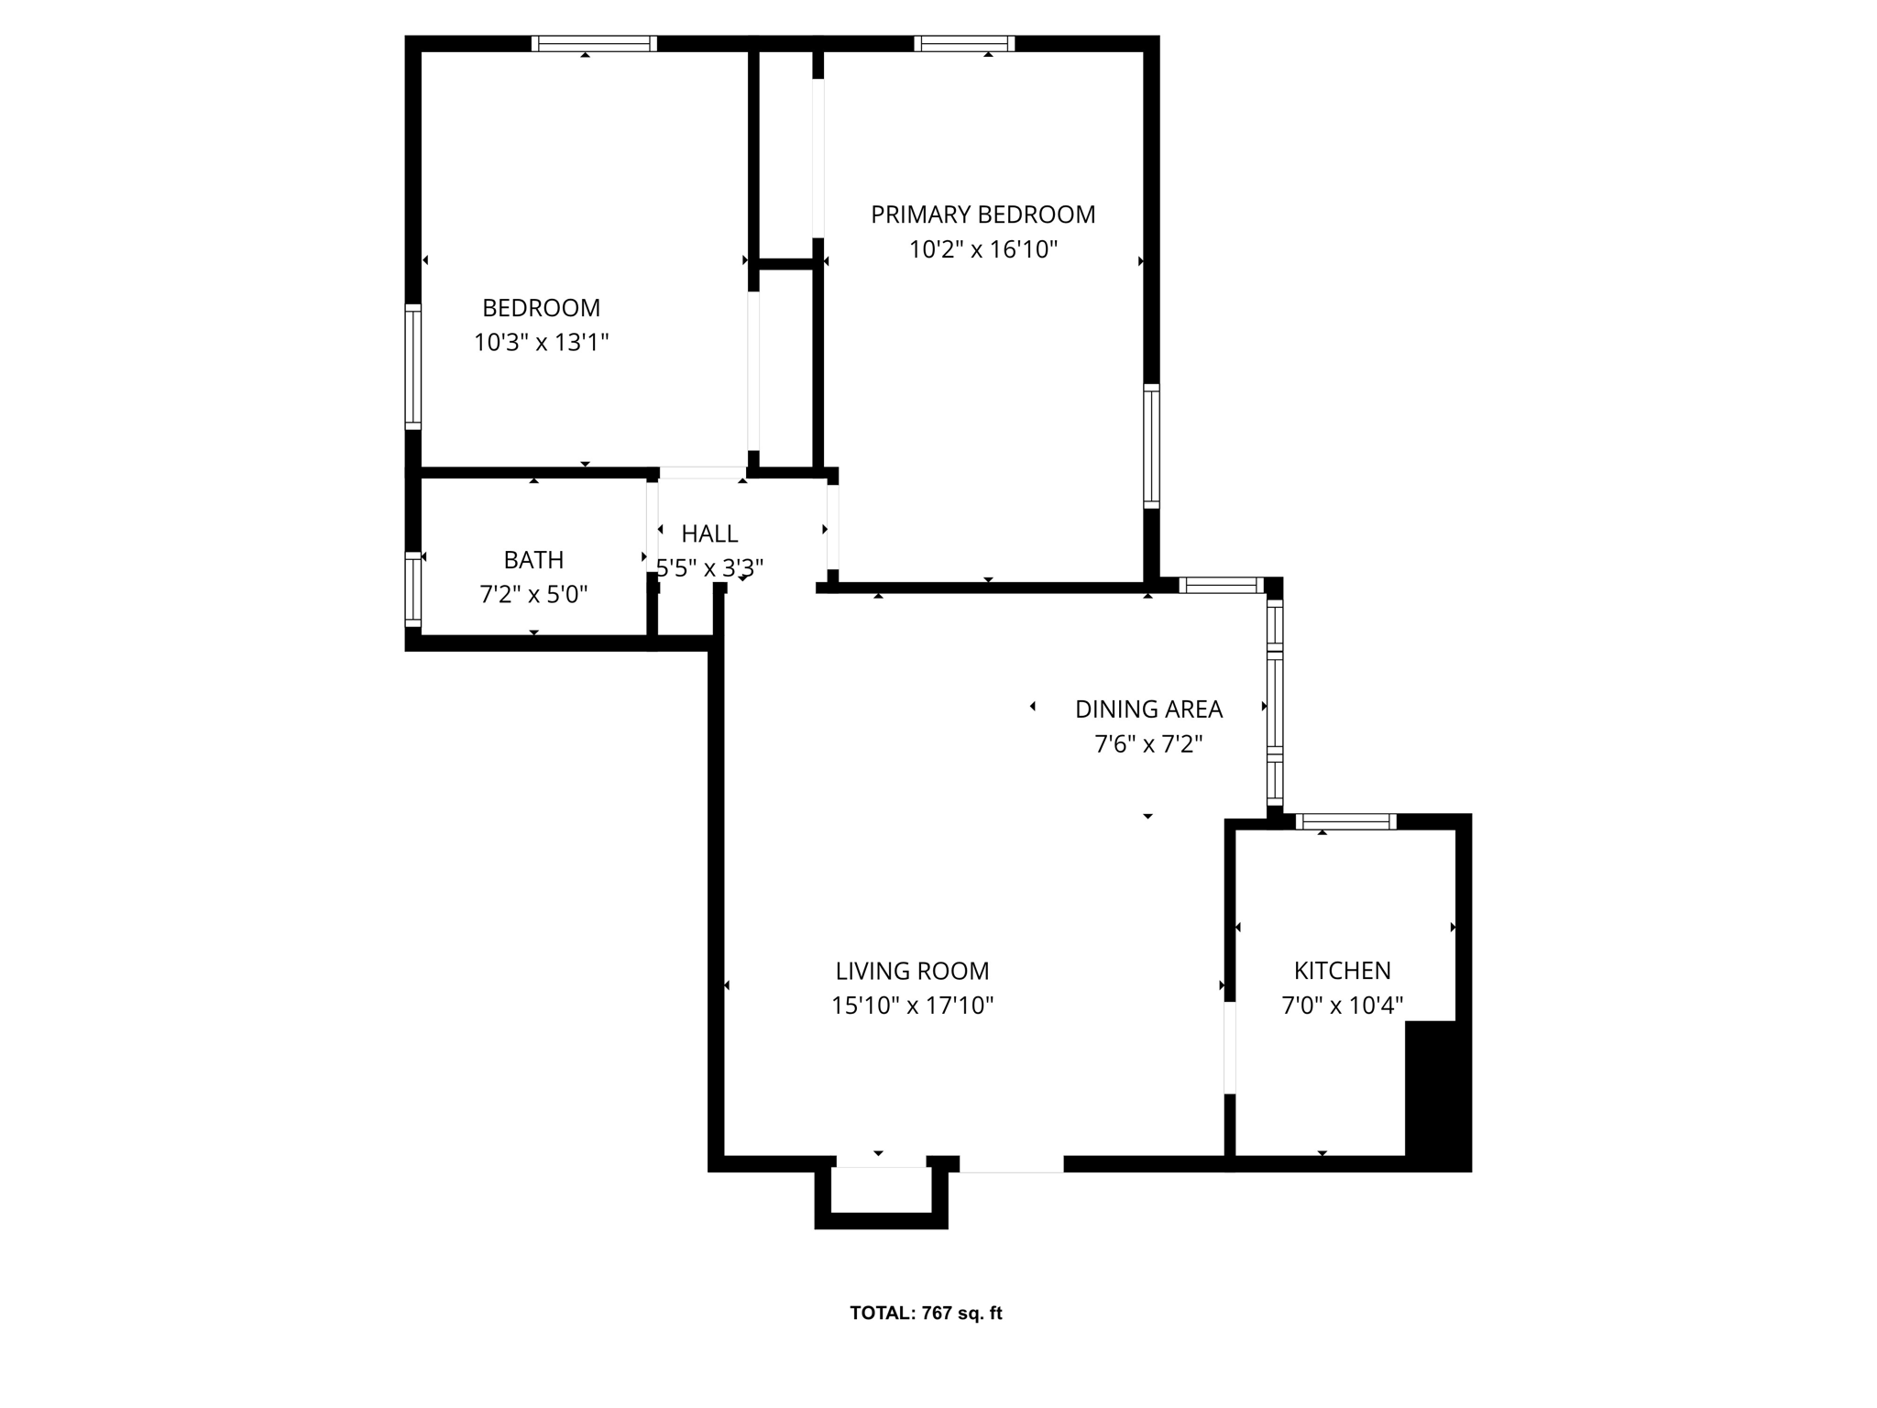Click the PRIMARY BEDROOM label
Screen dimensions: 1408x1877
[x=982, y=214]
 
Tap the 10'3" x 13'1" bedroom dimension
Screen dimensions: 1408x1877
[x=541, y=343]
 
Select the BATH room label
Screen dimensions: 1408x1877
[x=533, y=559]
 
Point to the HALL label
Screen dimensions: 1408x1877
[x=709, y=533]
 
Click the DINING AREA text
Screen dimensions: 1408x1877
[x=1148, y=709]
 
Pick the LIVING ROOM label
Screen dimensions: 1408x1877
[x=912, y=971]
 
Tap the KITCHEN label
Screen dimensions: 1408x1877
[x=1342, y=971]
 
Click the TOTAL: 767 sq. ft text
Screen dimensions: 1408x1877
[x=926, y=1313]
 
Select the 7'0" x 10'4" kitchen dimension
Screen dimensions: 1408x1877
[x=1342, y=1006]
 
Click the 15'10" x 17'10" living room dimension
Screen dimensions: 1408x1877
[x=912, y=1006]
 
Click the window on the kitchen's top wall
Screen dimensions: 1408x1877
[x=1345, y=821]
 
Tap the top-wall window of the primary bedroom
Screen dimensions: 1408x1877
[x=963, y=43]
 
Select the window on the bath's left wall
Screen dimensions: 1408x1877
[x=413, y=588]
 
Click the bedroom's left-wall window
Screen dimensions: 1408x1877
[x=413, y=367]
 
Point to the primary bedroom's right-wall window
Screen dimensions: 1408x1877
[x=1151, y=446]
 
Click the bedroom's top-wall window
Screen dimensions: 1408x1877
[x=594, y=43]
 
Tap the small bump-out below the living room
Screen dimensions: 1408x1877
[x=881, y=1196]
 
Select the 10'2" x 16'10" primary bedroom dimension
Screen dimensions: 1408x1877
[x=982, y=249]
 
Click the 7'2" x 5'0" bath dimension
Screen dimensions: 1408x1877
[x=533, y=594]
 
